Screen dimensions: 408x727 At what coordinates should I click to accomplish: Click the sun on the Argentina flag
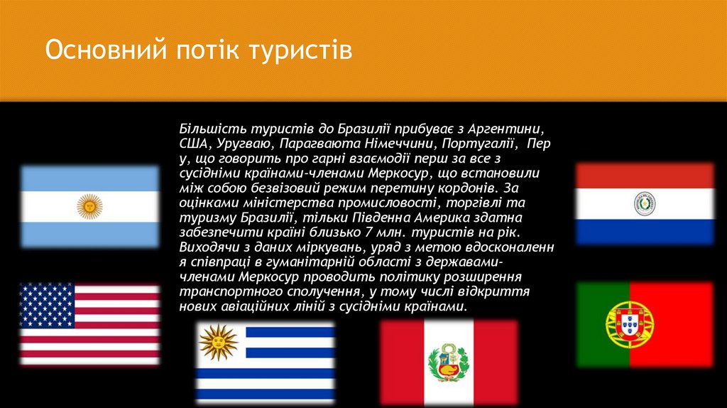pyautogui.click(x=89, y=207)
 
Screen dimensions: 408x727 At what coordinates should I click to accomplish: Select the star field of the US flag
pyautogui.click(x=47, y=305)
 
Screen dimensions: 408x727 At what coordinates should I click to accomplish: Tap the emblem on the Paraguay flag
pyautogui.click(x=644, y=204)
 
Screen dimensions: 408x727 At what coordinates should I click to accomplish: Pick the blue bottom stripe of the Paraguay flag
pyautogui.click(x=644, y=231)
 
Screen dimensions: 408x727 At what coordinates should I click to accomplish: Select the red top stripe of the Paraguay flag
pyautogui.click(x=644, y=176)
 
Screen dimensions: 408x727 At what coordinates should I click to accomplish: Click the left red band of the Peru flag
pyautogui.click(x=400, y=363)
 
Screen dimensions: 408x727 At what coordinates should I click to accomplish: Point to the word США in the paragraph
pyautogui.click(x=192, y=144)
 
